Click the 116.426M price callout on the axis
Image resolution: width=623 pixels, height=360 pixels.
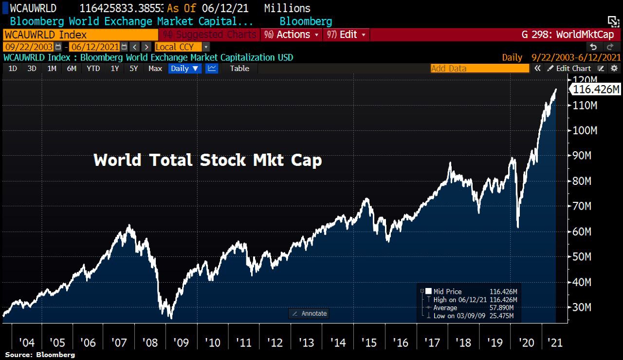click(x=596, y=90)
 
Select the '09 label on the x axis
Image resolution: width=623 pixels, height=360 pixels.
click(x=182, y=342)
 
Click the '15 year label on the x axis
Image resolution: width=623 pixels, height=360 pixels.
click(x=369, y=342)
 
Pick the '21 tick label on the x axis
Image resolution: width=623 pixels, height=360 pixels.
click(x=555, y=342)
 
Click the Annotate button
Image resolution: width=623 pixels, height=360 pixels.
click(x=309, y=313)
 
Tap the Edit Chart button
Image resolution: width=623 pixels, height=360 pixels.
click(x=569, y=69)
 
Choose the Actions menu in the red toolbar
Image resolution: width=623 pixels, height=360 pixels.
click(x=293, y=35)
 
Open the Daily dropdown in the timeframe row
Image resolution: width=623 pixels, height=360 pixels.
click(x=185, y=69)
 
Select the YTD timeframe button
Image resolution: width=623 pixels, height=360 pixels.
click(x=93, y=69)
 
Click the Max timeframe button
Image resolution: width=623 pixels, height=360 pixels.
click(x=155, y=69)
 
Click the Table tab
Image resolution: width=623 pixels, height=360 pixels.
click(x=239, y=69)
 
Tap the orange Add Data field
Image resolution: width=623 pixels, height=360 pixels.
click(x=479, y=69)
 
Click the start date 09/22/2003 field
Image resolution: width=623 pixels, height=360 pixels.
click(x=29, y=47)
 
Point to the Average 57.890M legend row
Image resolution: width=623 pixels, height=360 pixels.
click(x=470, y=307)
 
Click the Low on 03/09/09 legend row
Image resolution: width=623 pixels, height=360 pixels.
click(x=470, y=316)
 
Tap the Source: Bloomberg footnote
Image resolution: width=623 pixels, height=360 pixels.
click(x=40, y=355)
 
